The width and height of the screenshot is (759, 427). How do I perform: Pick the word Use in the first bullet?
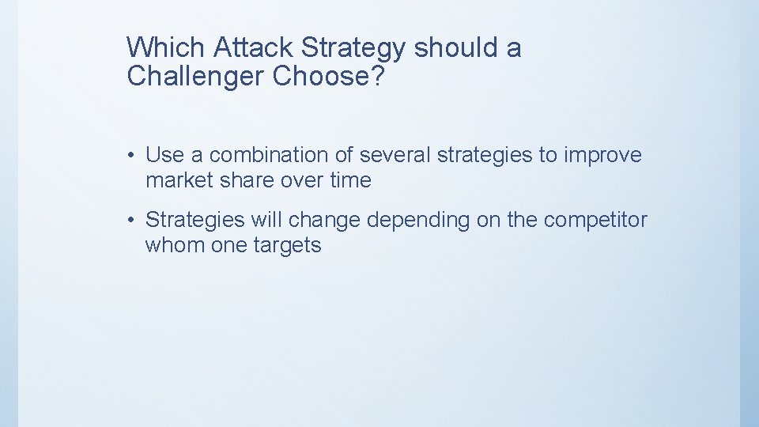click(164, 155)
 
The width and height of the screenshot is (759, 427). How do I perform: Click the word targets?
click(287, 245)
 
